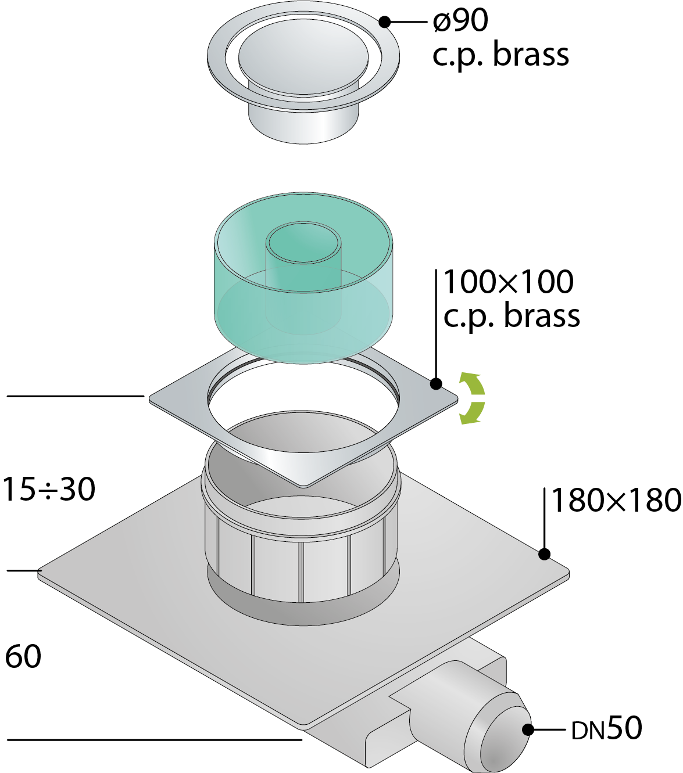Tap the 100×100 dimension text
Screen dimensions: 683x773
509,282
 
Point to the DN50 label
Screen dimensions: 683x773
607,728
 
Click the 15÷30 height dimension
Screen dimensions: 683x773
49,489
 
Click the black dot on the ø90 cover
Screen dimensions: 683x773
385,21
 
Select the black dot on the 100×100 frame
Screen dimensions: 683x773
436,383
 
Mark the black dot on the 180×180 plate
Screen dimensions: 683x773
544,554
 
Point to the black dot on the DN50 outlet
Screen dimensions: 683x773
528,729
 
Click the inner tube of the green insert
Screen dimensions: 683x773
303,279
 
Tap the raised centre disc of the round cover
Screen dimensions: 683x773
303,56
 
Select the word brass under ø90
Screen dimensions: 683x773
531,55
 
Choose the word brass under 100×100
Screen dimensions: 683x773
542,315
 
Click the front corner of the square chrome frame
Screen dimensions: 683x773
303,487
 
